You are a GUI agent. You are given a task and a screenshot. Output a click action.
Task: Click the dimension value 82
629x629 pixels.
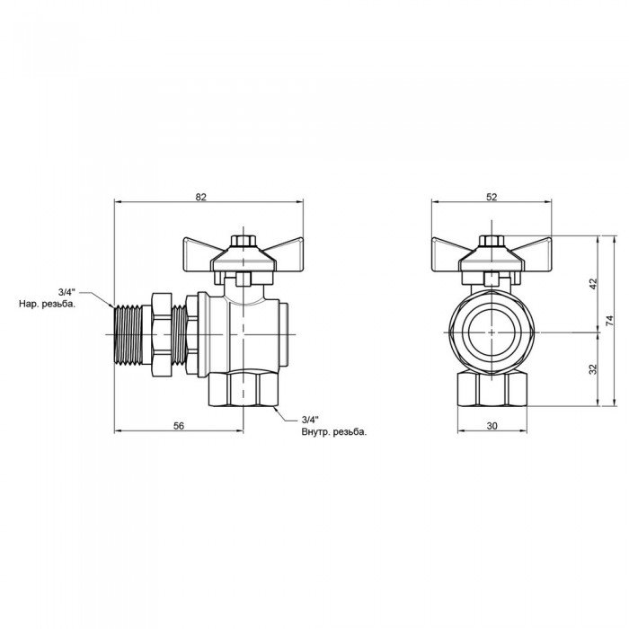200,197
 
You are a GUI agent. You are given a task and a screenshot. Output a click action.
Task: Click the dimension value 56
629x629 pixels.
179,426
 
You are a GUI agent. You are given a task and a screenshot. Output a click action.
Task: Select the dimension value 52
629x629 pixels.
492,197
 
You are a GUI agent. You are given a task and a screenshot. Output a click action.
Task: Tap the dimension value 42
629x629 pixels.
593,284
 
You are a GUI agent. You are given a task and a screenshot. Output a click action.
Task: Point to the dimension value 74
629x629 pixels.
609,320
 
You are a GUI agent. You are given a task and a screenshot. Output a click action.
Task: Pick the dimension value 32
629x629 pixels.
593,369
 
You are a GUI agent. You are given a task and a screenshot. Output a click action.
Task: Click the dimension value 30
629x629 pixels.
492,426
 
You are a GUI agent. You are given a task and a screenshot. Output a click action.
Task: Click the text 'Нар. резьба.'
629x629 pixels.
47,305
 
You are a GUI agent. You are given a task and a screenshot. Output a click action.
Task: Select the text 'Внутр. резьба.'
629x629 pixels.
334,432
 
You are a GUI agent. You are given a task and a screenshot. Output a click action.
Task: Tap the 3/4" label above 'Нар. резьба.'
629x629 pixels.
66,292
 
